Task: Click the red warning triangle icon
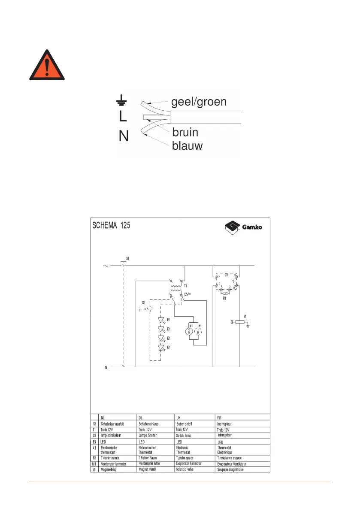(x=47, y=66)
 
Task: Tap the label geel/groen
(x=199, y=103)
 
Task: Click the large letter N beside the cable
(x=124, y=137)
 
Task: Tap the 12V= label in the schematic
(x=188, y=294)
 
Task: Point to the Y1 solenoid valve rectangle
(x=240, y=321)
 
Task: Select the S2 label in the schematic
(x=143, y=303)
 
